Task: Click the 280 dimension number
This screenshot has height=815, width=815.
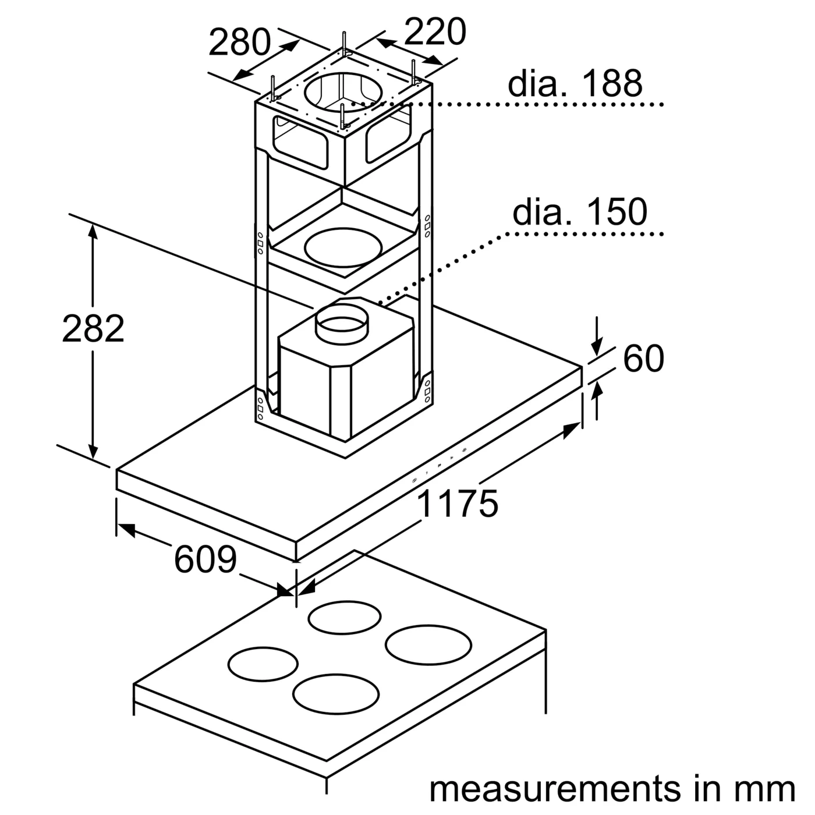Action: (x=239, y=42)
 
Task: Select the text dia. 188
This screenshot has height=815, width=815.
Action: (x=575, y=83)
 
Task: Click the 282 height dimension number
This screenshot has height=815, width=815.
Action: (x=93, y=329)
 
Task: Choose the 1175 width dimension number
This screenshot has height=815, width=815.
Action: (x=458, y=504)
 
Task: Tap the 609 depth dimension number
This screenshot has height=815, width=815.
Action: (x=205, y=560)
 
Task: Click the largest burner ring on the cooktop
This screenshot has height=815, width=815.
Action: (x=428, y=644)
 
